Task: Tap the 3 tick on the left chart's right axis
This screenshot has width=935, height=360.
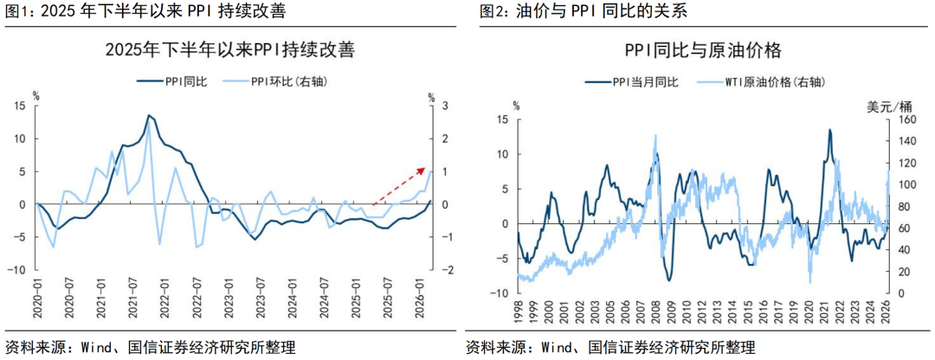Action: pyautogui.click(x=446, y=106)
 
